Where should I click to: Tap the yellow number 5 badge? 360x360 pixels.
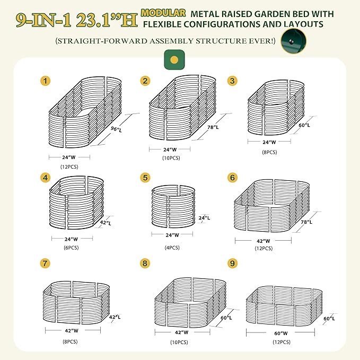point(145,178)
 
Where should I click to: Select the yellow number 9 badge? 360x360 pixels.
point(232,263)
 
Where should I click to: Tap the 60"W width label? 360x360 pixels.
point(280,333)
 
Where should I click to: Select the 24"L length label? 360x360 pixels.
point(204,218)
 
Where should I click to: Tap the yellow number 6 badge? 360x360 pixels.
point(232,178)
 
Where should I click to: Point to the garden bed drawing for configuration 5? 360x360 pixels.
point(172,207)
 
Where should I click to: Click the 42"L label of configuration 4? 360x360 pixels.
point(106,223)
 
